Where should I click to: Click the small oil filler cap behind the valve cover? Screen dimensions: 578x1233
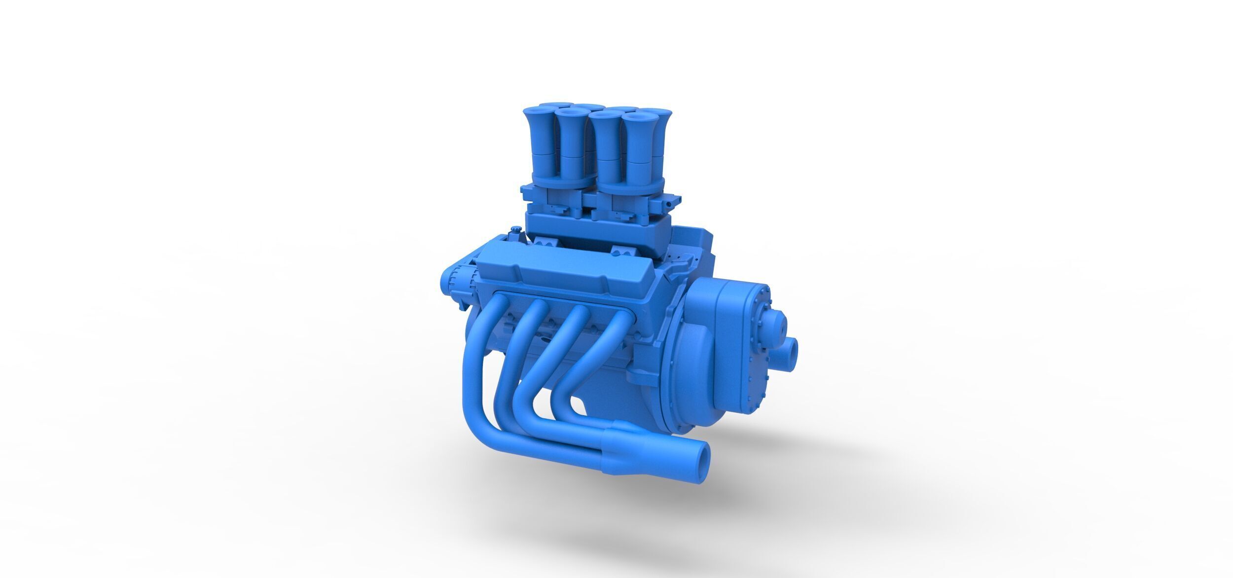pyautogui.click(x=516, y=230)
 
